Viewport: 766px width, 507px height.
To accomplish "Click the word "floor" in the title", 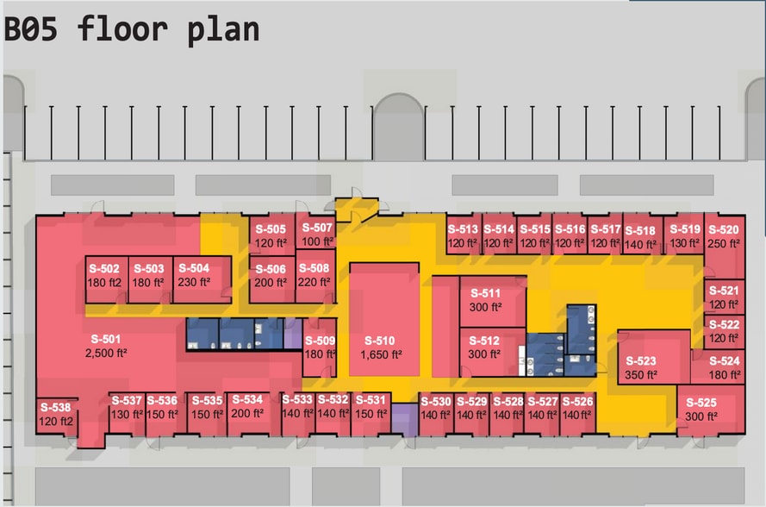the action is click(122, 28).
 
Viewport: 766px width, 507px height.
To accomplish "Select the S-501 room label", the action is click(105, 339).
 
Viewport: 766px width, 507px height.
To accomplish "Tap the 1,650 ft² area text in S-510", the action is click(381, 354).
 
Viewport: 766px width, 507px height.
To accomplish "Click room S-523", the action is click(654, 357).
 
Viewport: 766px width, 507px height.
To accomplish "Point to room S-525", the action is click(711, 410).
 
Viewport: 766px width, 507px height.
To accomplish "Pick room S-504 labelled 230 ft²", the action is click(202, 279).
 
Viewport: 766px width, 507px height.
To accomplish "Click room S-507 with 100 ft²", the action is click(315, 233).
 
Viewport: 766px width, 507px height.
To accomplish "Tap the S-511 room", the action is click(493, 301).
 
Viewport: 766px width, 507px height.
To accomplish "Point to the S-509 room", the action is click(320, 347).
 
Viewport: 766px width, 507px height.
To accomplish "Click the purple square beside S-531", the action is click(404, 420).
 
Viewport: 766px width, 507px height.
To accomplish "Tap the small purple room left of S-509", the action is click(293, 334).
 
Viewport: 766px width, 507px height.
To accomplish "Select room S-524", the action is click(718, 366).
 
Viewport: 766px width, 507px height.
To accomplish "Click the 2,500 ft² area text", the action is click(106, 353).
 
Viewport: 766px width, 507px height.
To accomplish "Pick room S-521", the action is click(724, 297).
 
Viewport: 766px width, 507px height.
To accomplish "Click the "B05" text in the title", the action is click(31, 28).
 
